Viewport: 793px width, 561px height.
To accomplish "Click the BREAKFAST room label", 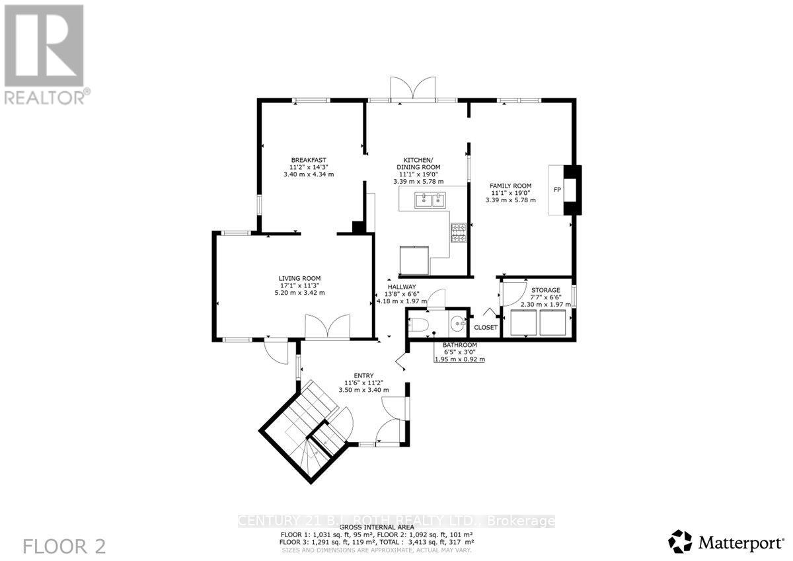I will click(309, 160).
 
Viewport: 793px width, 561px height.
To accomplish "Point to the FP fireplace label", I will click(557, 190).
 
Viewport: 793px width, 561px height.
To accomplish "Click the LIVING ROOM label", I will click(299, 278).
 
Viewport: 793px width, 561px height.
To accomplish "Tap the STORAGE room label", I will click(546, 290).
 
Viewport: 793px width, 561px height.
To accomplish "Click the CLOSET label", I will click(486, 327).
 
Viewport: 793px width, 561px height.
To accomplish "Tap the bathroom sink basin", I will click(458, 324).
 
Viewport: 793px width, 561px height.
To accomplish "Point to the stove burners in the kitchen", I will click(458, 233).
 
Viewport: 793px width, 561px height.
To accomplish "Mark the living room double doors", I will click(327, 328).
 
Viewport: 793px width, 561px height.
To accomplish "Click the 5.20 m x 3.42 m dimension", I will click(299, 293).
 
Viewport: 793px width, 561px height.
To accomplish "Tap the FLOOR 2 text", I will click(64, 546).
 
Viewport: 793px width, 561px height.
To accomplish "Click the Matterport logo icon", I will click(680, 541).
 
